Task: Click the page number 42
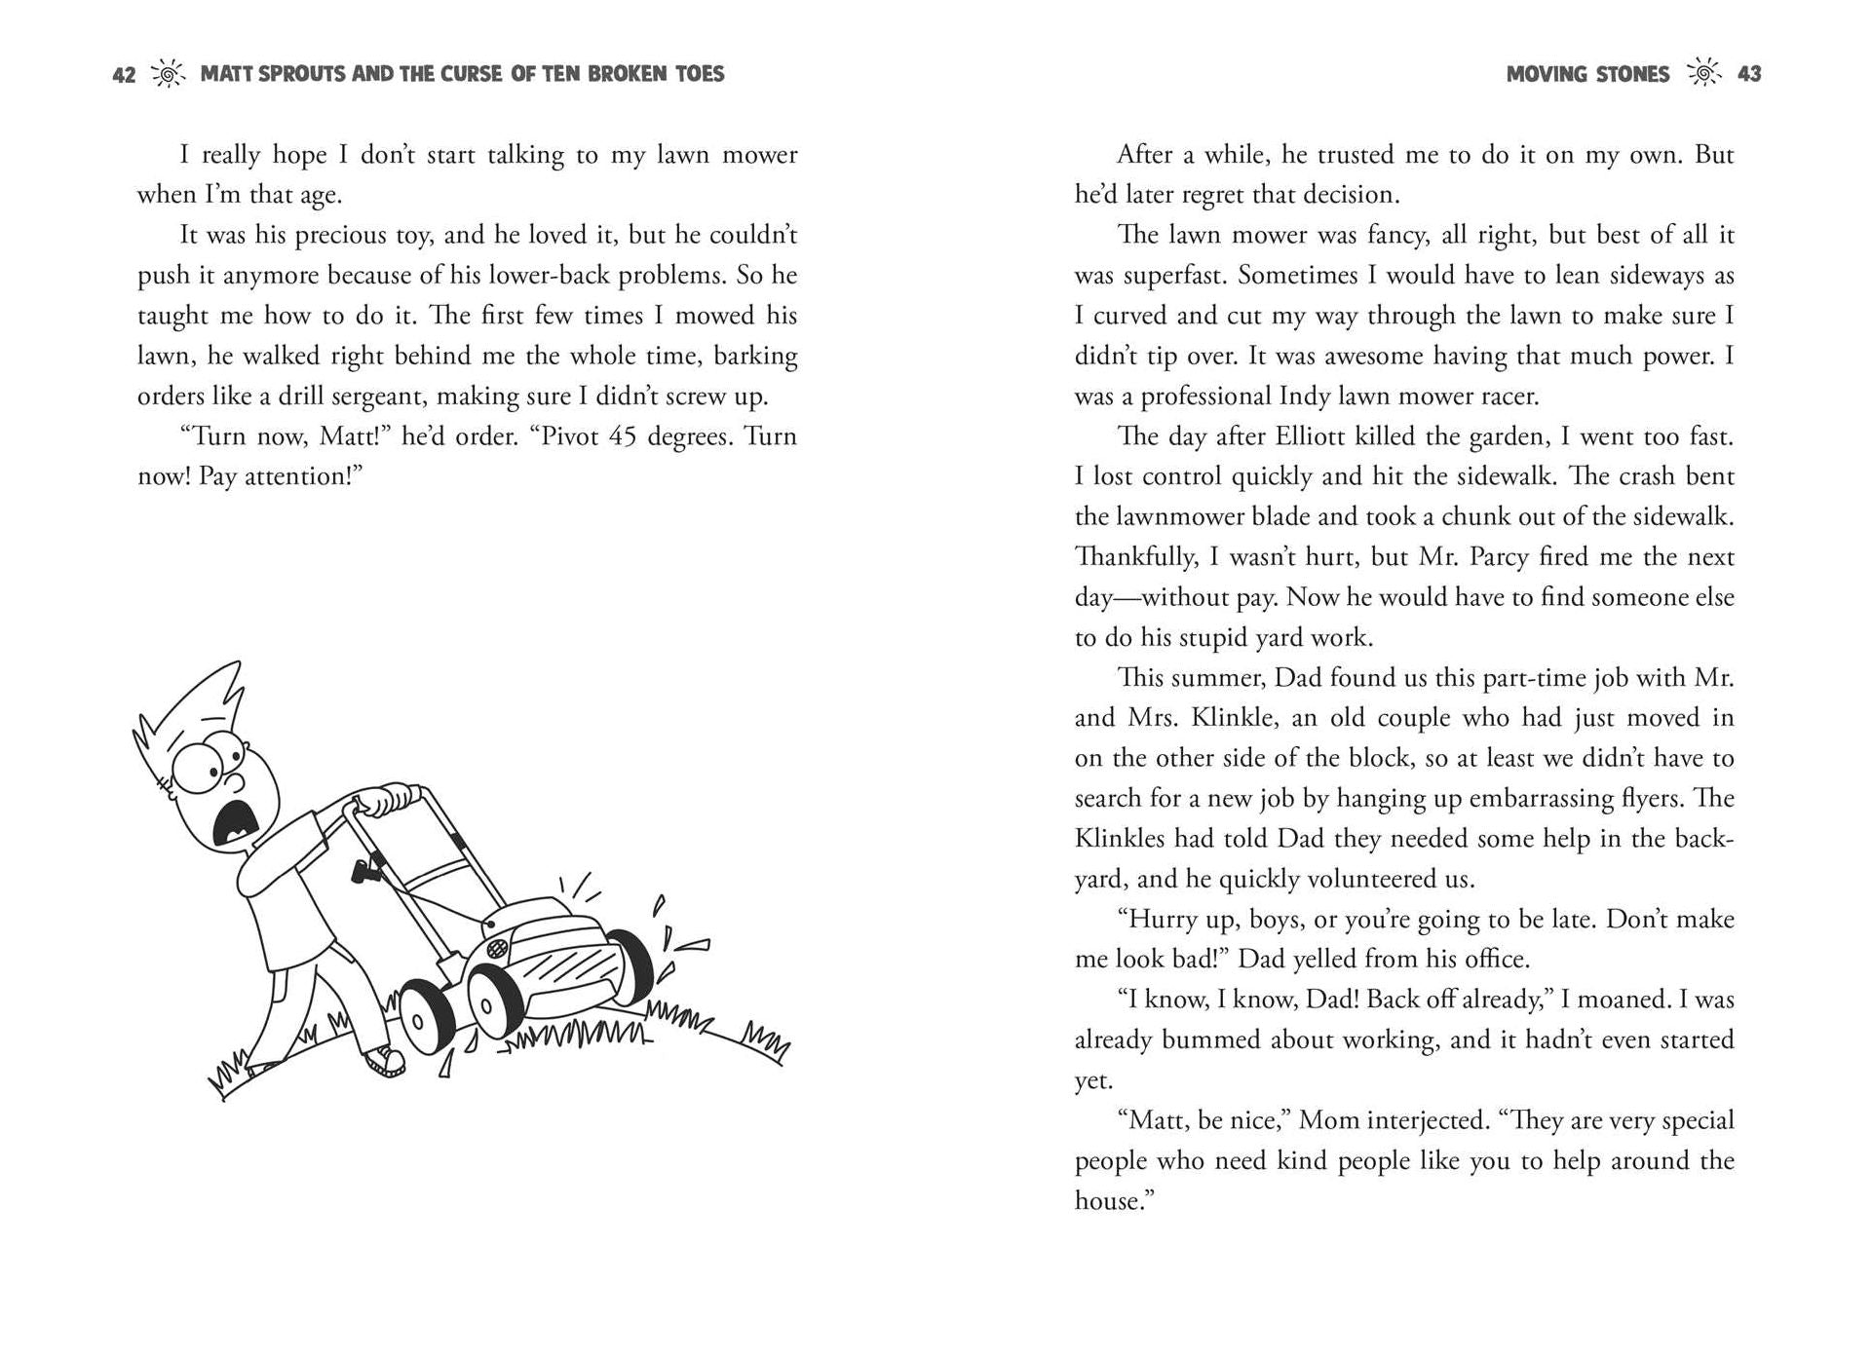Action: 124,75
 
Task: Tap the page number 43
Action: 1749,74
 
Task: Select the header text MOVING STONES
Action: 1587,74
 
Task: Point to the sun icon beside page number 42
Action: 168,74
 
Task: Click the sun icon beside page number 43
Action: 1703,74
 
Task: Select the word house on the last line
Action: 1107,1201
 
